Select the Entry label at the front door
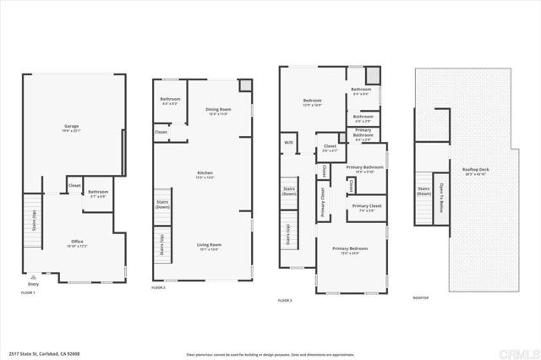[x=34, y=284]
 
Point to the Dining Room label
[x=218, y=110]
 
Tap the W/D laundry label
[x=288, y=142]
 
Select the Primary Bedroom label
[x=349, y=249]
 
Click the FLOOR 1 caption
[x=29, y=292]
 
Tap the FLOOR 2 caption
[x=158, y=288]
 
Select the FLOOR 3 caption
[x=286, y=300]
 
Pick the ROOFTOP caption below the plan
[x=421, y=297]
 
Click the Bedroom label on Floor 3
[x=313, y=101]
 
